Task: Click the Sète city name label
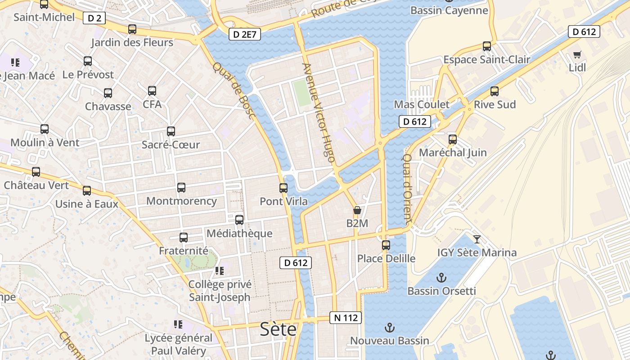(x=279, y=330)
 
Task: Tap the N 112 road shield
(x=346, y=318)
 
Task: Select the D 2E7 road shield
(x=245, y=34)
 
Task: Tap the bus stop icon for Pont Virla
(x=283, y=188)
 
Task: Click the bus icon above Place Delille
(x=386, y=245)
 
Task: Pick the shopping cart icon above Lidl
(x=577, y=55)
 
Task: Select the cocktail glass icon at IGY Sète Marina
(x=477, y=239)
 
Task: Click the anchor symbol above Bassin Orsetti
(x=441, y=277)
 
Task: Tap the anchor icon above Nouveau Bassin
(x=390, y=328)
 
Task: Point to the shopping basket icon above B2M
(x=357, y=210)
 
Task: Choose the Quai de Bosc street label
(x=234, y=91)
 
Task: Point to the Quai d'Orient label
(x=407, y=189)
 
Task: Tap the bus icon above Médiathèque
(x=239, y=220)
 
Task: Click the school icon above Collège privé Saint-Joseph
(x=220, y=271)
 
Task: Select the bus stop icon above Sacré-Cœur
(x=171, y=131)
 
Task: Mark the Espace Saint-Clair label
(x=487, y=59)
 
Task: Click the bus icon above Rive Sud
(x=495, y=91)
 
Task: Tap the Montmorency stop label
(x=181, y=201)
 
